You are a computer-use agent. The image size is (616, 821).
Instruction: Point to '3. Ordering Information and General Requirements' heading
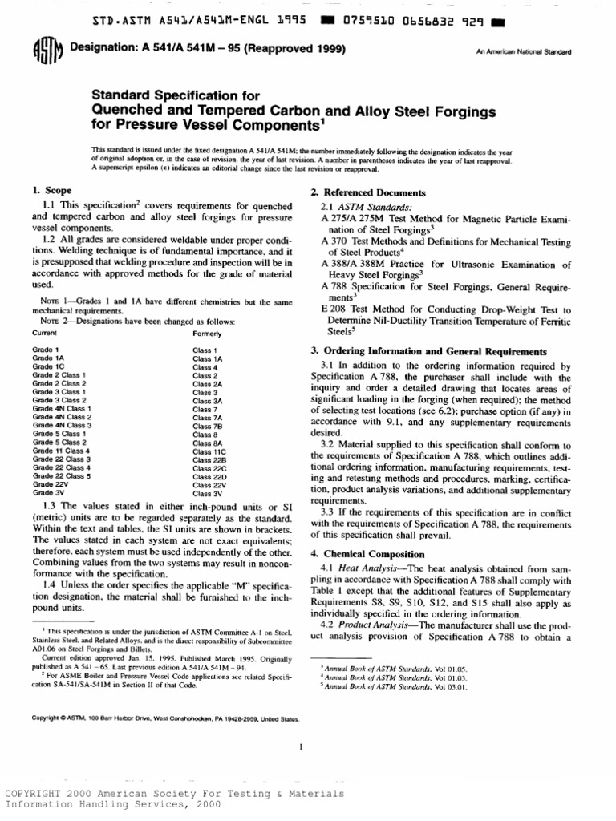pyautogui.click(x=429, y=351)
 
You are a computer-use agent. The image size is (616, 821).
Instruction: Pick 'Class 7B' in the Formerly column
pyautogui.click(x=207, y=427)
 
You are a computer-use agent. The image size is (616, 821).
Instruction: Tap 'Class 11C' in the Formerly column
pyautogui.click(x=209, y=452)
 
